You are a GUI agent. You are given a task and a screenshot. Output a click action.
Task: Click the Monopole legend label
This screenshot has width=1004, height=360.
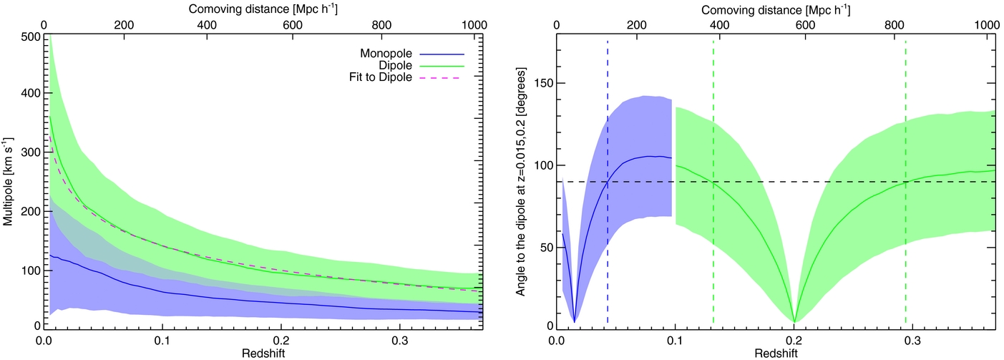click(x=386, y=54)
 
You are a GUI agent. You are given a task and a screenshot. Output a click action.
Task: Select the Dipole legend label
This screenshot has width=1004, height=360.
click(x=395, y=65)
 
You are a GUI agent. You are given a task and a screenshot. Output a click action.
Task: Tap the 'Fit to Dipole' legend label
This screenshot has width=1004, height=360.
click(x=381, y=77)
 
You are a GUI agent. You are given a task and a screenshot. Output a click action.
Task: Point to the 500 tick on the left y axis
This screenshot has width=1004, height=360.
click(x=29, y=37)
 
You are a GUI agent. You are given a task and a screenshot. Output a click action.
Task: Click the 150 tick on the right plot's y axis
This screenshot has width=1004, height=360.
click(x=543, y=84)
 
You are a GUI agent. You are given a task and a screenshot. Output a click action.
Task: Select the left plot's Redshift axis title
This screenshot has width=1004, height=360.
click(x=263, y=354)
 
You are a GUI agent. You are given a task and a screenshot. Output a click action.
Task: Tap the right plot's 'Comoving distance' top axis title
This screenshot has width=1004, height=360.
click(x=776, y=10)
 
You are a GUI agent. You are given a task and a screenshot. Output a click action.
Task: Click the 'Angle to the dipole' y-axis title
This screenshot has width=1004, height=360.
click(x=520, y=182)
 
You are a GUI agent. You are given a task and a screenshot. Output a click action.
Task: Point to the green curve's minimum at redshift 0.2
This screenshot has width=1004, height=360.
click(x=794, y=322)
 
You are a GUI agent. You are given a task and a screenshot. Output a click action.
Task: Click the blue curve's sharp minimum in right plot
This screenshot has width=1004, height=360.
click(x=575, y=321)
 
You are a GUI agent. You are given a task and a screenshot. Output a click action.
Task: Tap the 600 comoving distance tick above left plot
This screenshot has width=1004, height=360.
click(x=293, y=25)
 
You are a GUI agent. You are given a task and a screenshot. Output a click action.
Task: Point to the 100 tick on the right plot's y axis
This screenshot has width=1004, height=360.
click(x=543, y=165)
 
